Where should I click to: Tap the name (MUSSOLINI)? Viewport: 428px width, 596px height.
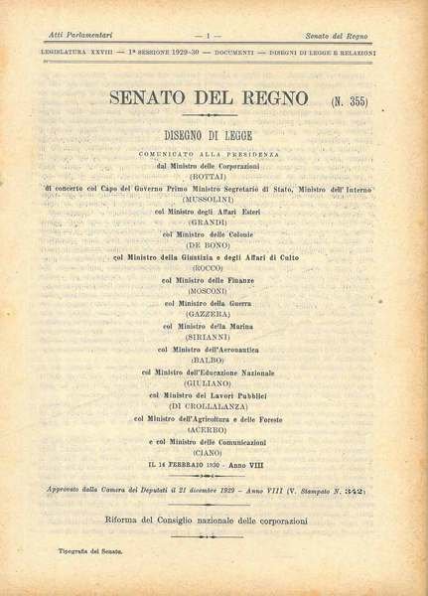[x=214, y=197]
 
